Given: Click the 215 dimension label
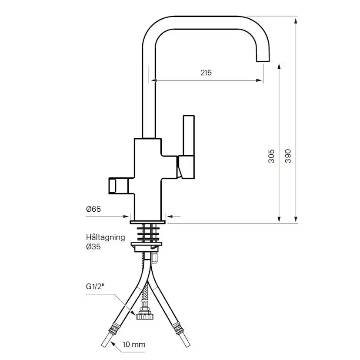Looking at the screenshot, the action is pos(206,73).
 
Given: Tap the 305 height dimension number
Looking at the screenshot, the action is pos(271,156).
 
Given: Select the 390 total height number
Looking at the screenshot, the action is pos(288,156).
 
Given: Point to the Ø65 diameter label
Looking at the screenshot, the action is pos(93,209).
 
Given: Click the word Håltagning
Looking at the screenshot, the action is pos(105,237).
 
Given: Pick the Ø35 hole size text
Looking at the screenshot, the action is pos(93,247).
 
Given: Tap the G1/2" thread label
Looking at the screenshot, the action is pos(95,286).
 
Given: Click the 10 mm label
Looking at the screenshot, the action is pos(134,344).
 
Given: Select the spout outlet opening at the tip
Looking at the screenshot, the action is pos(263,61).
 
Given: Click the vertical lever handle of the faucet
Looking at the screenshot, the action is pos(189,135).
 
